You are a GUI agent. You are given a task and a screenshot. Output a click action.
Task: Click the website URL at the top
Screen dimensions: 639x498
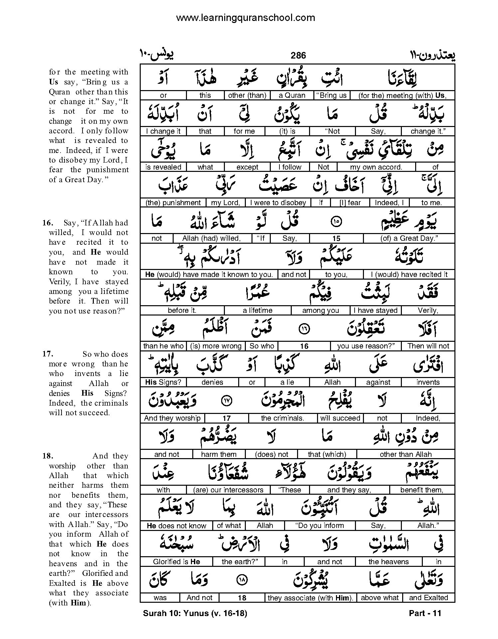(x=245, y=18)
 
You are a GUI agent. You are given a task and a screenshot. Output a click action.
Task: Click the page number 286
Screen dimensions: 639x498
(x=298, y=56)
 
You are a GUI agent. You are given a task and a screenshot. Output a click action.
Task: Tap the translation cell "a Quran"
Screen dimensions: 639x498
(x=292, y=95)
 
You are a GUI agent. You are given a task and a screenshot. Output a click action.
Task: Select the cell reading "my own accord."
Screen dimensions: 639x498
(x=376, y=167)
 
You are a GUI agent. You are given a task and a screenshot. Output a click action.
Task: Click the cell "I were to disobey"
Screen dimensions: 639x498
(x=278, y=203)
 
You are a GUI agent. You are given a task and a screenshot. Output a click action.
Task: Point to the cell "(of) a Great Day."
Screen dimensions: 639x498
(x=409, y=238)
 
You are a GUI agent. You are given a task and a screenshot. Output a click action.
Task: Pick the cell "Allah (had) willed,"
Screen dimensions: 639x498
(x=211, y=238)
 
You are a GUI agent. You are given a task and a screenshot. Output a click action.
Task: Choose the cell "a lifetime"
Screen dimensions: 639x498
(x=257, y=311)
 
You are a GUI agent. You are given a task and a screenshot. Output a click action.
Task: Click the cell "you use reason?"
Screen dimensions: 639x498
(x=366, y=346)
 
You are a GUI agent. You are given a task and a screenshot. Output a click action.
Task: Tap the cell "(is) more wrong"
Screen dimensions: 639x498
(x=216, y=346)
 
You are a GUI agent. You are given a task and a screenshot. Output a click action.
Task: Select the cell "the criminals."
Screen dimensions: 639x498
(x=282, y=418)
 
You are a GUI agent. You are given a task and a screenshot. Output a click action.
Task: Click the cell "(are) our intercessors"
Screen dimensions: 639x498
(x=228, y=490)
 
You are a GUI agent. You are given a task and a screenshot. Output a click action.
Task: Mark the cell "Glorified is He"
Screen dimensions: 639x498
(x=176, y=562)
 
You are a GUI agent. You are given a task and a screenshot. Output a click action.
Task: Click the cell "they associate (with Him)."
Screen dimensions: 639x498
(x=310, y=598)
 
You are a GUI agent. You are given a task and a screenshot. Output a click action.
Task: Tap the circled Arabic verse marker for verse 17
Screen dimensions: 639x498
(x=227, y=401)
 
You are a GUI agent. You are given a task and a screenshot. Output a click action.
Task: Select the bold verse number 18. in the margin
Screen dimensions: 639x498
(x=48, y=456)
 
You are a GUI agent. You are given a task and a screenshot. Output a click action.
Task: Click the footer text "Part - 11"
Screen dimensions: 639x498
(x=425, y=613)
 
